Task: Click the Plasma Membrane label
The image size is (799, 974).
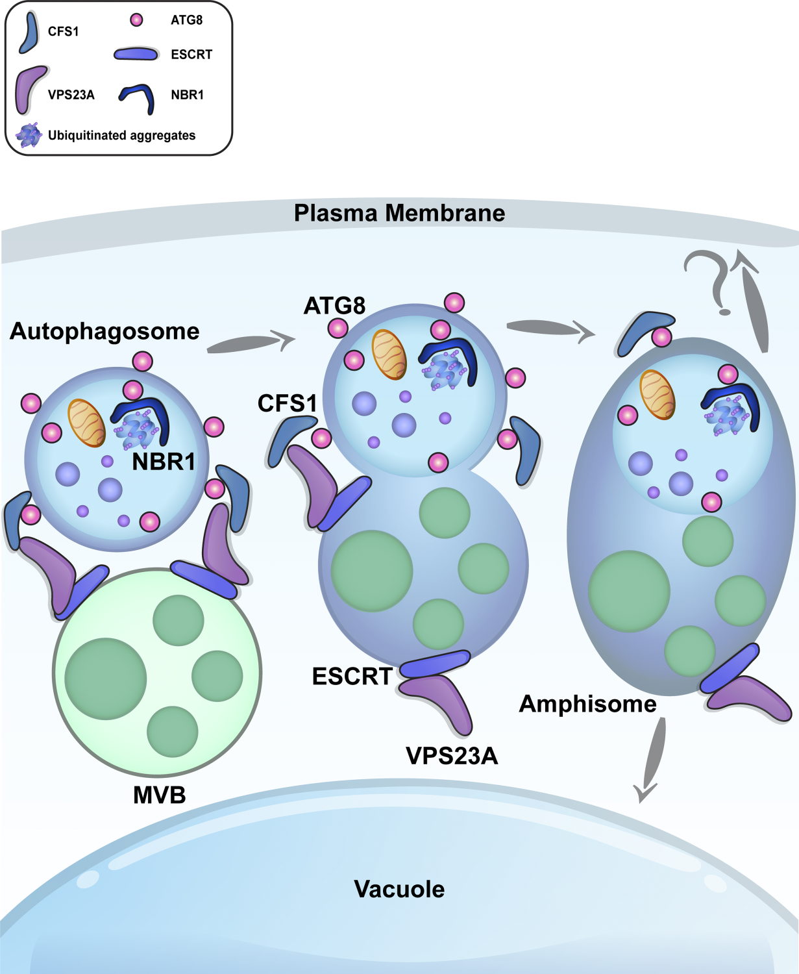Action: (x=399, y=213)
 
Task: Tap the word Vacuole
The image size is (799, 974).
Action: (x=399, y=889)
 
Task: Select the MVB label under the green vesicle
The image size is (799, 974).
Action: (x=159, y=795)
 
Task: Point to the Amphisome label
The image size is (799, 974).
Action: (x=587, y=704)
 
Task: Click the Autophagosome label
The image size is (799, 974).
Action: (x=104, y=331)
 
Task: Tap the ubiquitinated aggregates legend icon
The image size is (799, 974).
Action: (x=29, y=135)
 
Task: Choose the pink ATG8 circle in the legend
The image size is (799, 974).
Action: (x=136, y=20)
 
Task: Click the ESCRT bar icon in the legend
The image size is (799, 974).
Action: (x=136, y=55)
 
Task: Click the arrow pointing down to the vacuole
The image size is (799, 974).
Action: (x=652, y=760)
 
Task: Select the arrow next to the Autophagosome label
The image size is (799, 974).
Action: (x=250, y=342)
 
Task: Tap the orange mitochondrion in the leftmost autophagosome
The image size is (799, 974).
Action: (x=86, y=423)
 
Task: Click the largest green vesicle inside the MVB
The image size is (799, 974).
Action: (x=106, y=679)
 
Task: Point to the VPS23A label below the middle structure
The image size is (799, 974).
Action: (x=452, y=756)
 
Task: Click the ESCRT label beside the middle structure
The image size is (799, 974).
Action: (x=352, y=677)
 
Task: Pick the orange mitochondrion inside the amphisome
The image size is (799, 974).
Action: (x=657, y=395)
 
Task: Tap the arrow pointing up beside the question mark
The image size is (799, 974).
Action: (x=755, y=302)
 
